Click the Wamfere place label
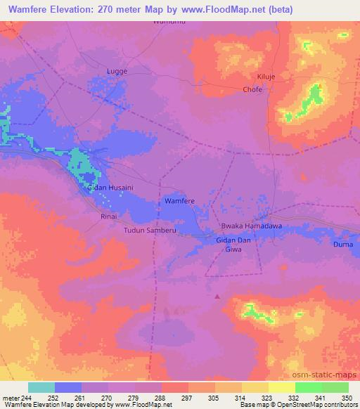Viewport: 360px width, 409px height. pos(179,201)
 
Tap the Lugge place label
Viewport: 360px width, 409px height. pos(116,71)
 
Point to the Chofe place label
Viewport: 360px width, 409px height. pos(252,90)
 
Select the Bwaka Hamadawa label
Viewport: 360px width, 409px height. pos(242,226)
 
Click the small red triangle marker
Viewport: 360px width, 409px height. pos(217,297)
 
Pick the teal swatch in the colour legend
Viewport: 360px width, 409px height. pos(41,387)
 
